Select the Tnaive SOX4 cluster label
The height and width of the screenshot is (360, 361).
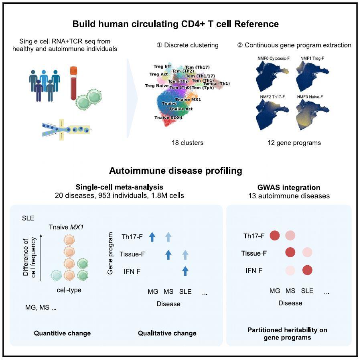click(x=168, y=118)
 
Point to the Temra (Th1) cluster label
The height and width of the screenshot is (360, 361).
click(x=217, y=83)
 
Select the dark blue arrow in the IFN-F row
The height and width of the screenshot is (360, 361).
click(x=185, y=271)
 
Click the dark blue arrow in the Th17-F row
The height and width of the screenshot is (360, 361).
click(x=152, y=237)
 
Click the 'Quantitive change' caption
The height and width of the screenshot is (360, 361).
click(x=62, y=333)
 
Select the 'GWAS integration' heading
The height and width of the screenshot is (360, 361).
click(x=289, y=187)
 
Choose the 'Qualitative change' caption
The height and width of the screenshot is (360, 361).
click(x=167, y=333)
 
